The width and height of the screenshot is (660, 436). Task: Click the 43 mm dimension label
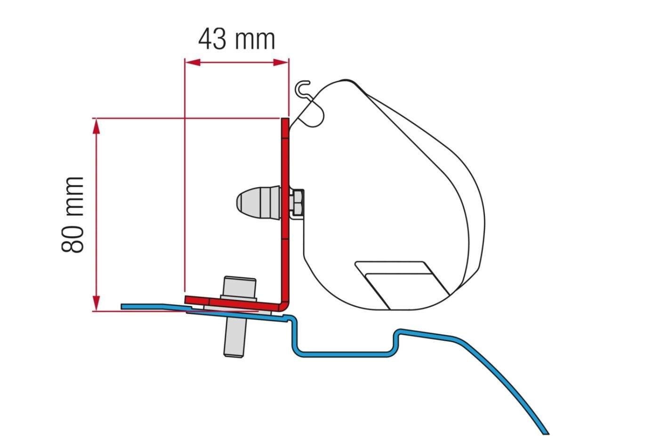236,39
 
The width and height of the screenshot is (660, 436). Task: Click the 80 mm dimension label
73,214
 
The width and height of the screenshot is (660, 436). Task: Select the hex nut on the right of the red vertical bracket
297,203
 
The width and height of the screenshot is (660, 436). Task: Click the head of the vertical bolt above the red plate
240,288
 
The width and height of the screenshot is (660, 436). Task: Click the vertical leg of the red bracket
285,212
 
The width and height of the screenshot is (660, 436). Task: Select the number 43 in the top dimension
212,39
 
